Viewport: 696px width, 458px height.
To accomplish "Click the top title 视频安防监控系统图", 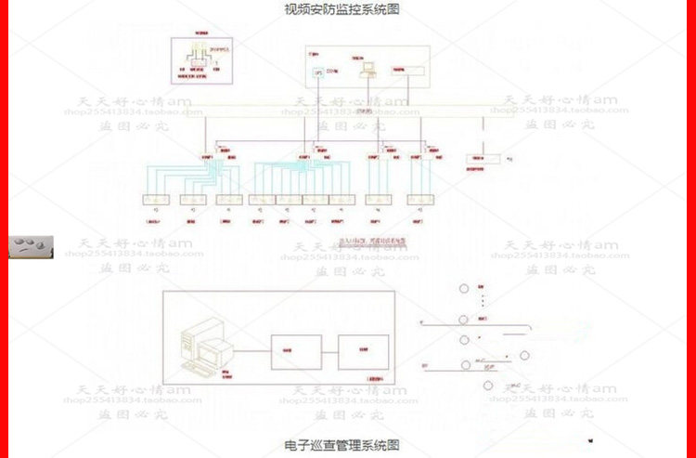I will pyautogui.click(x=342, y=10).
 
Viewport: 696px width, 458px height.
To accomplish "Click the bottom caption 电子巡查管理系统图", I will pyautogui.click(x=342, y=445).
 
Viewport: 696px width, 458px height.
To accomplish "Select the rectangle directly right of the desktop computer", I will pyautogui.click(x=295, y=352).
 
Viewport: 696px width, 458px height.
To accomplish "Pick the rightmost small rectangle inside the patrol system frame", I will pyautogui.click(x=364, y=352).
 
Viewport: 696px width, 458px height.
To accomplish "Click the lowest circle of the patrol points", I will pyautogui.click(x=488, y=385).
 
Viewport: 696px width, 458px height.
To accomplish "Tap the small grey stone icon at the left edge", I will pyautogui.click(x=32, y=247).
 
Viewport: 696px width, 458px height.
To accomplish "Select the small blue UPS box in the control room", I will pyautogui.click(x=318, y=71).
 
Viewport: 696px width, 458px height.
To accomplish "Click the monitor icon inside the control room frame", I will pyautogui.click(x=367, y=67).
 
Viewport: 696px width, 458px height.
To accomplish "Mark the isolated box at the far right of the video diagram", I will pyautogui.click(x=483, y=159).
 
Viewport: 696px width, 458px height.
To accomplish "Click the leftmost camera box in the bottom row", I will pyautogui.click(x=154, y=200).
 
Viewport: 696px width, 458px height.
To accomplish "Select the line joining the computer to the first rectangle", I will pyautogui.click(x=251, y=351).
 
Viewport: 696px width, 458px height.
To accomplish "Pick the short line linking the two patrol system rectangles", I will pyautogui.click(x=329, y=352).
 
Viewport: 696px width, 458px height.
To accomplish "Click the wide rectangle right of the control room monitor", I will pyautogui.click(x=406, y=70).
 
